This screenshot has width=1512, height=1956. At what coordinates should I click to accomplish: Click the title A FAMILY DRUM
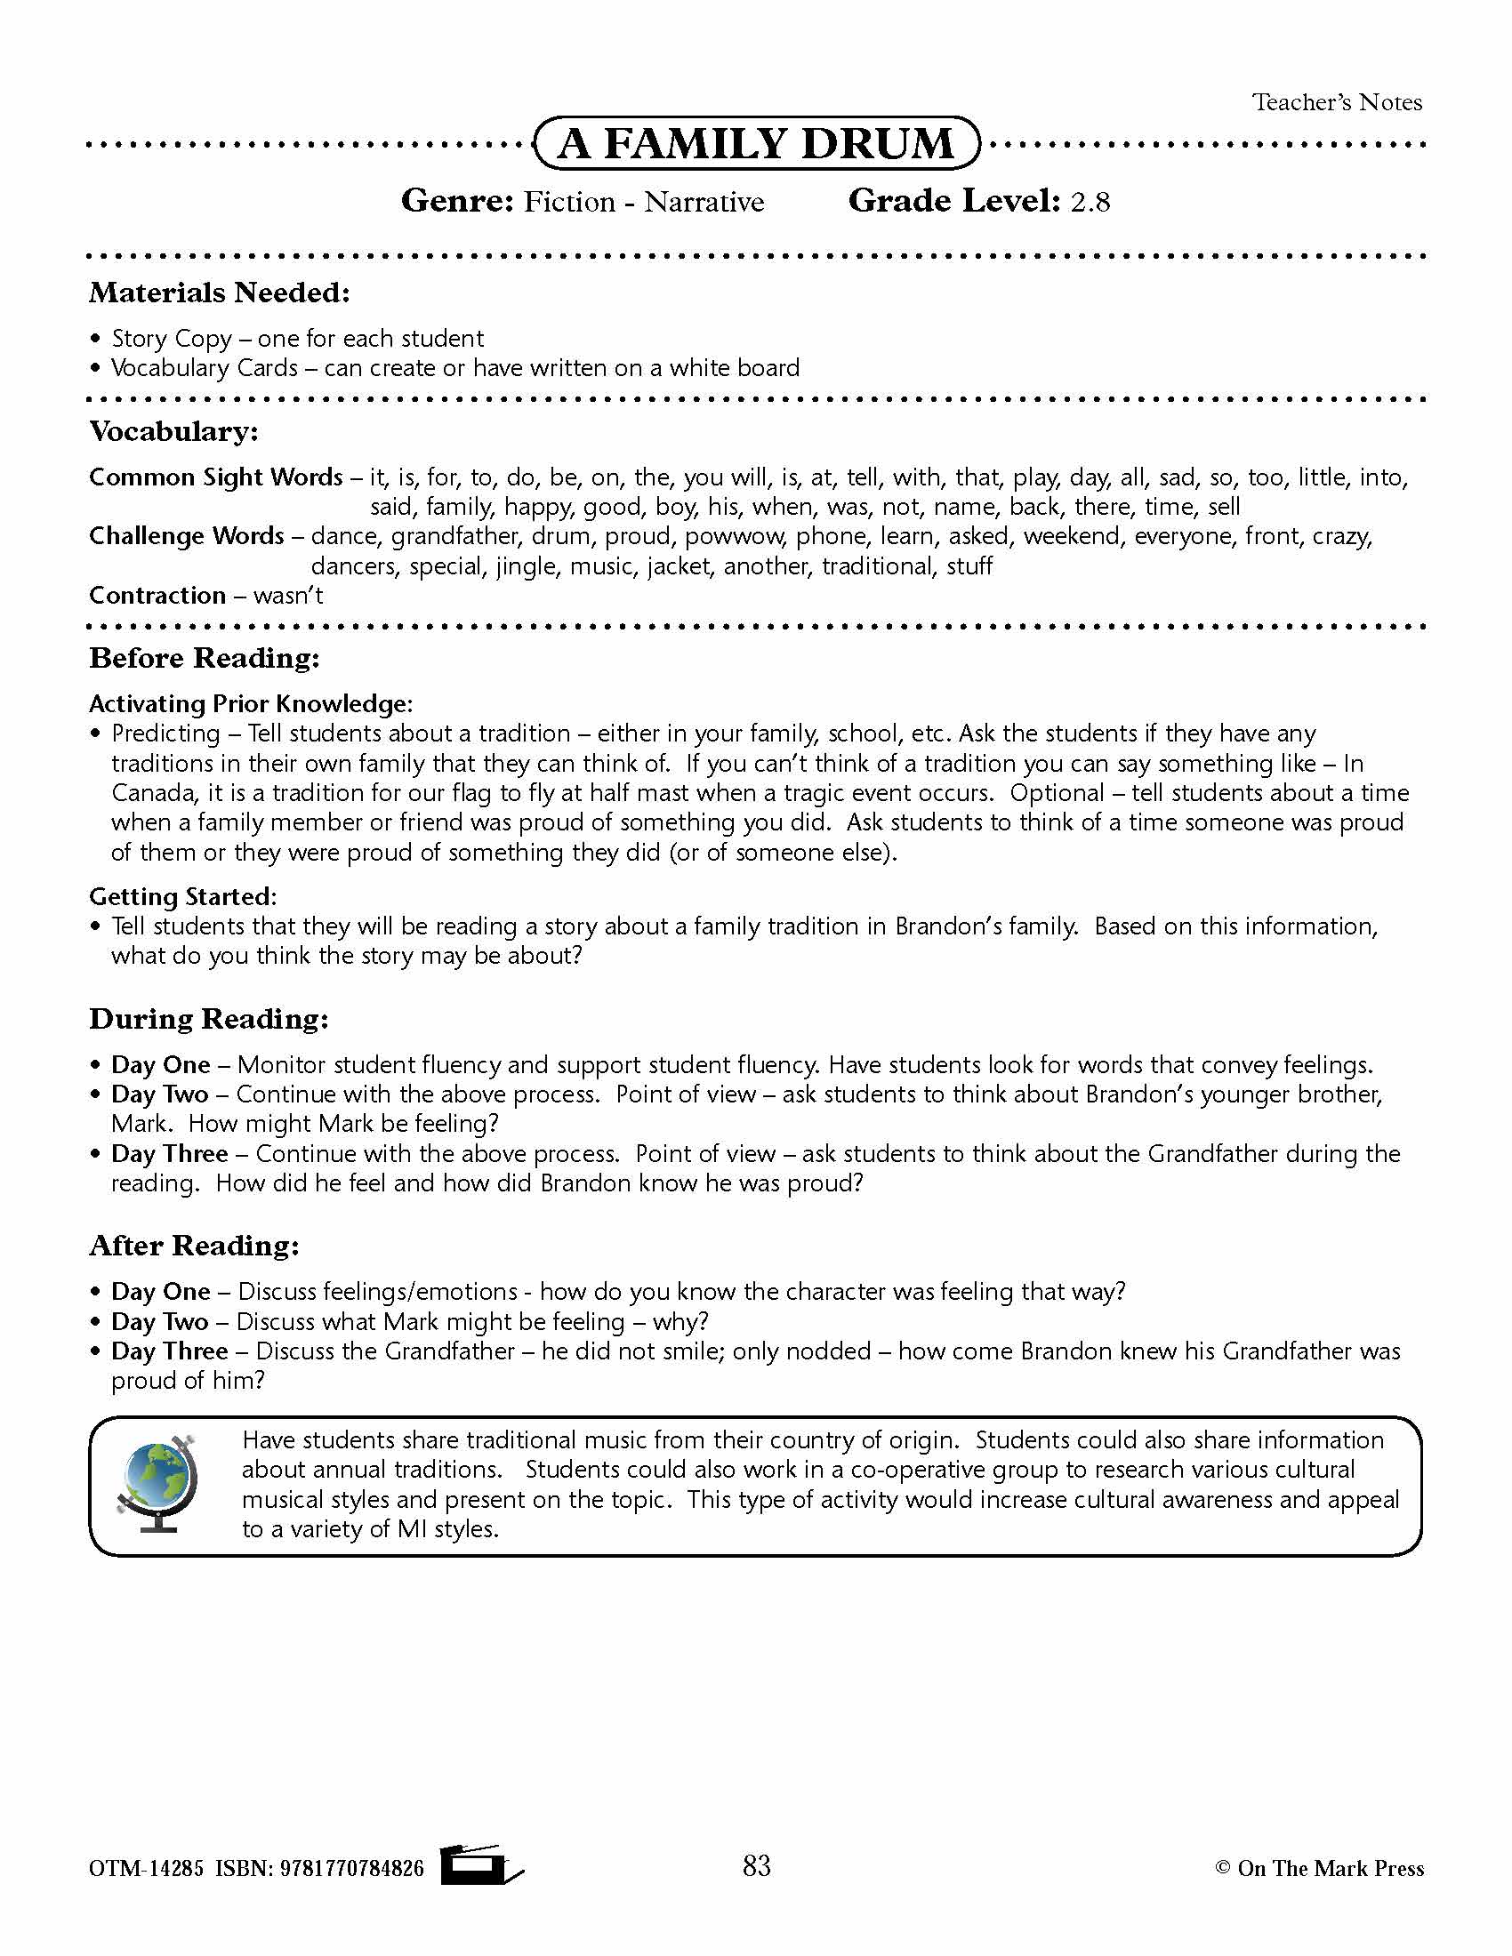coord(756,143)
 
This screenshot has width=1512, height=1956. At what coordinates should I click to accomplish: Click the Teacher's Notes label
coord(1337,103)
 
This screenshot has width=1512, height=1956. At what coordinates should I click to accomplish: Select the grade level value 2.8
coord(1090,203)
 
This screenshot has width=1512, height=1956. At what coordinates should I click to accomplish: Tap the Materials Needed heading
coord(220,293)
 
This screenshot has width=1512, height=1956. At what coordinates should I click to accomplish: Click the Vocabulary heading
coord(173,432)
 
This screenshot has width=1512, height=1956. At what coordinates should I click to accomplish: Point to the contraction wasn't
coord(287,596)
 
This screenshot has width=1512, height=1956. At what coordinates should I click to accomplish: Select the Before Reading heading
coord(205,658)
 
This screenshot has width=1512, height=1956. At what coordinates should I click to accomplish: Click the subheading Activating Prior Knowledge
coord(250,704)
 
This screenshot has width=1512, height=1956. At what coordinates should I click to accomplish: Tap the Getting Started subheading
coord(182,896)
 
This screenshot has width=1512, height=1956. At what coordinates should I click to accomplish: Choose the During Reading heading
coord(209,1019)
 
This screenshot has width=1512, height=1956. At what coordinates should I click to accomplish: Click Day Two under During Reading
coord(159,1094)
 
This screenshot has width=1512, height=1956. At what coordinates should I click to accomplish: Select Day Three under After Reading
coord(169,1351)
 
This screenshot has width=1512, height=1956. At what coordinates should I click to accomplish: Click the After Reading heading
coord(195,1246)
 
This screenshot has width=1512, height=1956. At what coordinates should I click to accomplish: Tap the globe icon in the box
coord(157,1485)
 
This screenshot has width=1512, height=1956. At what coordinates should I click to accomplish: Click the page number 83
coord(756,1865)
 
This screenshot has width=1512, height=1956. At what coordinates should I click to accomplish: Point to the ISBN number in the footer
coord(351,1868)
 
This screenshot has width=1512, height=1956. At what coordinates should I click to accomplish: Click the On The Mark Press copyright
coord(1318,1868)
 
